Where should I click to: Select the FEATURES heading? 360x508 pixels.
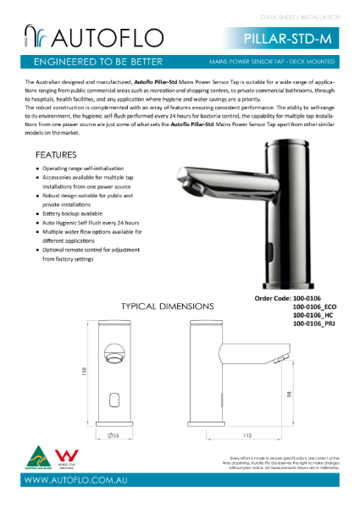coord(56,156)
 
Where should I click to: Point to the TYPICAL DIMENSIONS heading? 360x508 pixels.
coord(167,305)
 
